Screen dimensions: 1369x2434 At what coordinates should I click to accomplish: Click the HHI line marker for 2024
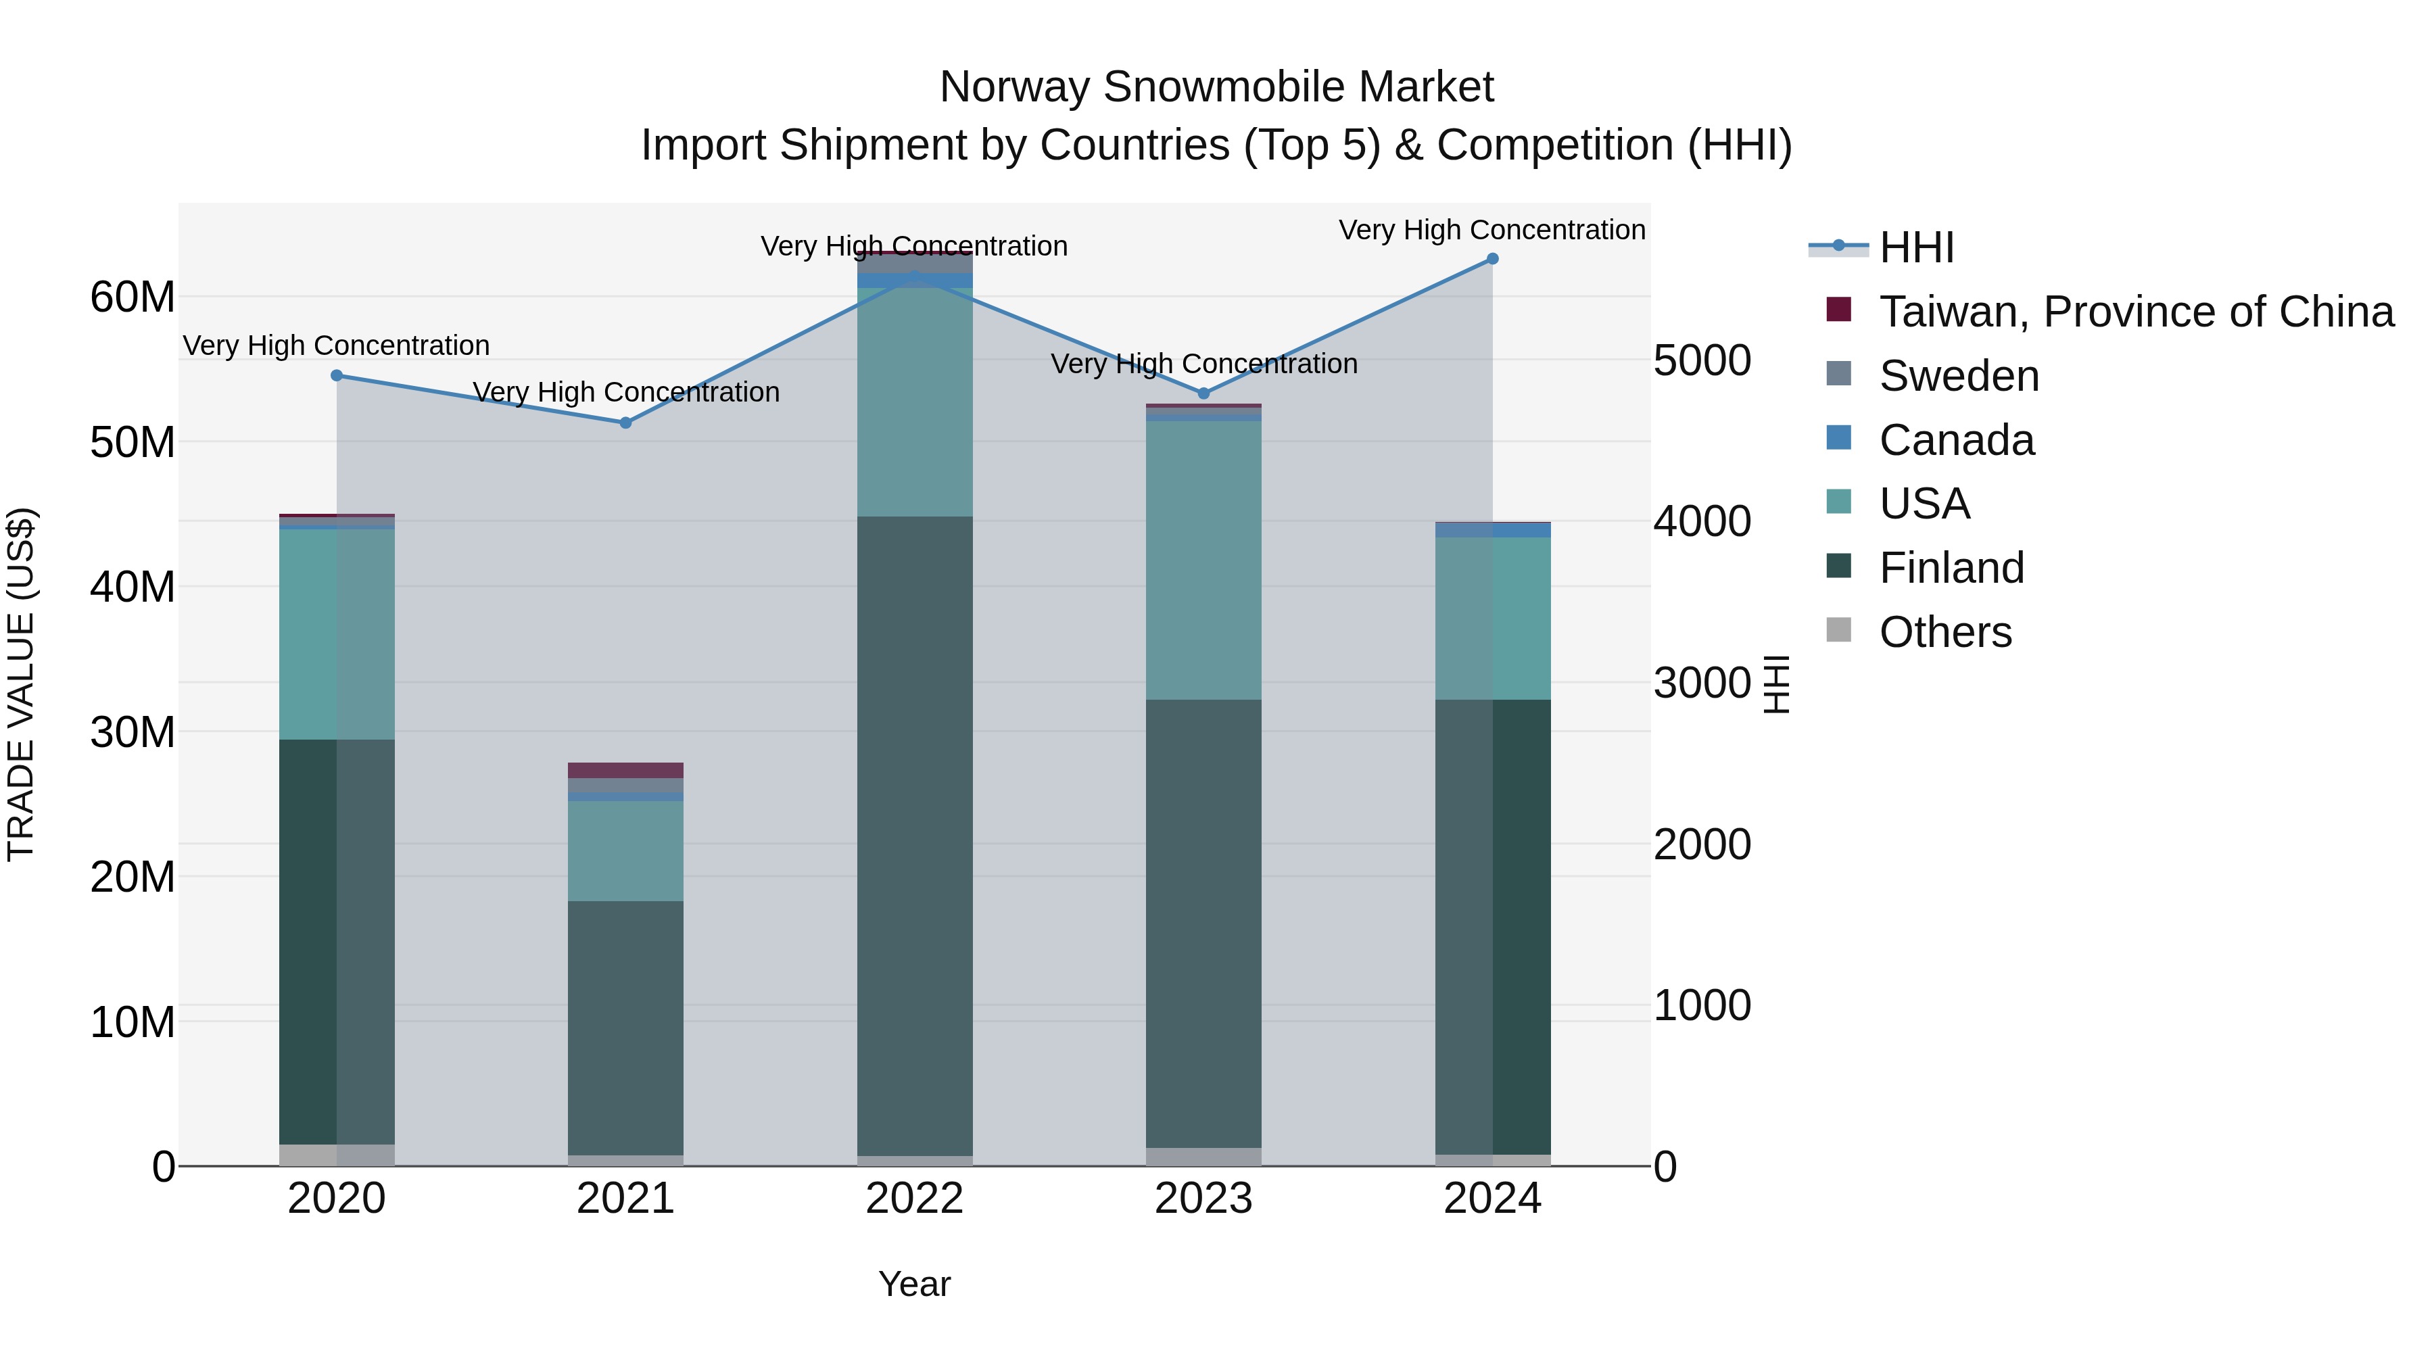1493,259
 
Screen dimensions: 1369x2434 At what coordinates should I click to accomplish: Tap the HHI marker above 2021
625,423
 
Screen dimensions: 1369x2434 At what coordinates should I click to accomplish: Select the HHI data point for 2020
337,375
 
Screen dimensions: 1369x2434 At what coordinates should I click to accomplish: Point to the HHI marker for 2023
1203,393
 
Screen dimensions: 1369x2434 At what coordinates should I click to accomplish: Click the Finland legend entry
1951,568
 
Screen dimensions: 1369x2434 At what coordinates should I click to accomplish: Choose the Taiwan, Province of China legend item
2135,312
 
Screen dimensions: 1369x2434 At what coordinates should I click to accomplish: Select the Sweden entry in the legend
1959,376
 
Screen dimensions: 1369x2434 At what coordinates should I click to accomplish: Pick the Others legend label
1944,632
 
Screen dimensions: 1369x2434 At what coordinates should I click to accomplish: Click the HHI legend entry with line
1916,247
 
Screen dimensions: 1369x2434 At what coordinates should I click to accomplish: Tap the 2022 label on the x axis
915,1199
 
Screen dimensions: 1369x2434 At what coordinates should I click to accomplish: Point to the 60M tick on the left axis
133,297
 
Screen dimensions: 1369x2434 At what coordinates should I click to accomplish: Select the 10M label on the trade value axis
133,1022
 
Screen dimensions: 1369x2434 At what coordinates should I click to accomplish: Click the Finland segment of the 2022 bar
915,832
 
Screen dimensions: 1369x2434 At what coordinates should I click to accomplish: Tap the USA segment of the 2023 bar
1203,559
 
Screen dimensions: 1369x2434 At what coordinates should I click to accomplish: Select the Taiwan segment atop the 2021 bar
625,770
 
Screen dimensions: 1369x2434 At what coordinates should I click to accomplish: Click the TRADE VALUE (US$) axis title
21,684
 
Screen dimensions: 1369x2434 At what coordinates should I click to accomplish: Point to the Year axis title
915,1284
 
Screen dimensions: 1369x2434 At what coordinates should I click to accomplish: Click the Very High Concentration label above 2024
1492,230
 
